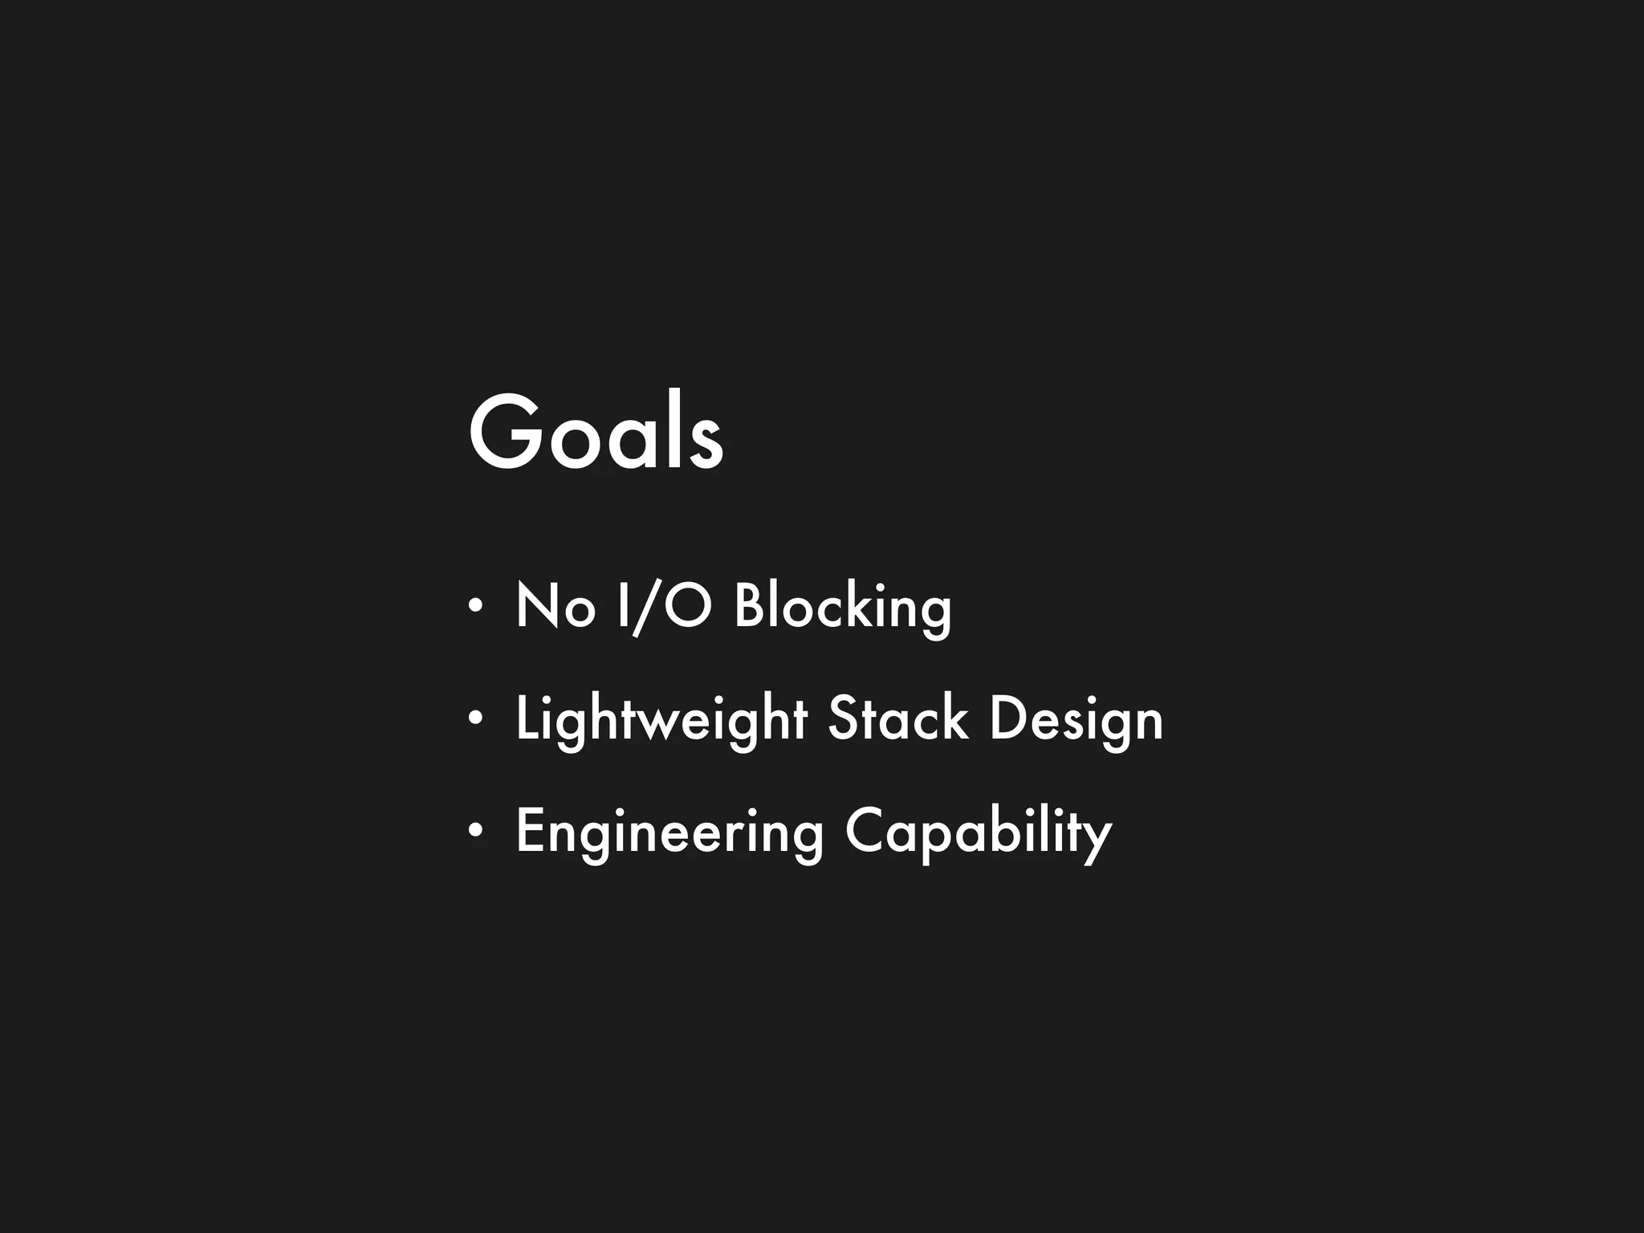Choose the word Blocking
(x=843, y=608)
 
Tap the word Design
(x=1076, y=720)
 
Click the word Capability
(x=978, y=832)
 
